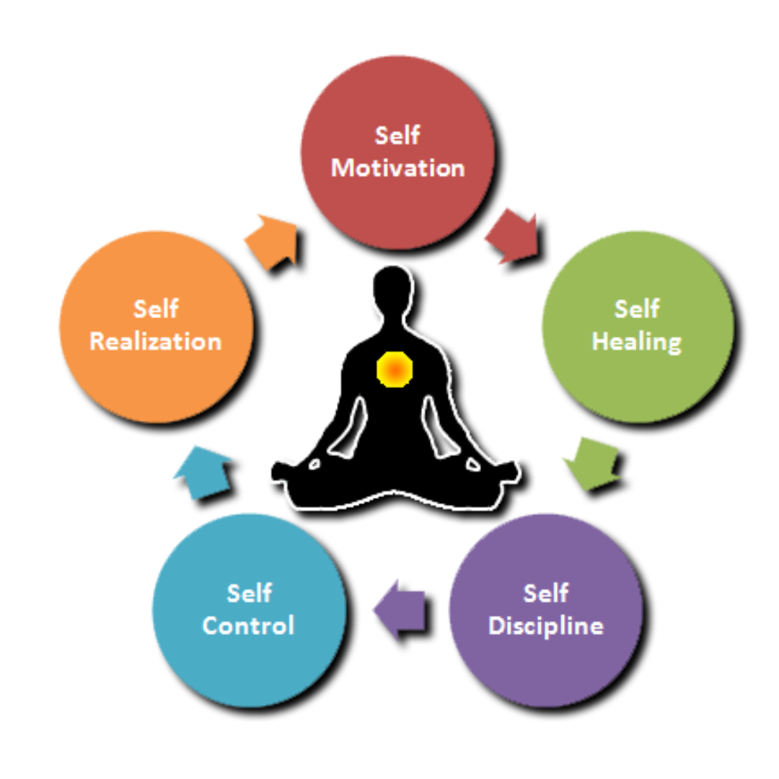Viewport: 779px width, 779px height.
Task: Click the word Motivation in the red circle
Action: coord(397,168)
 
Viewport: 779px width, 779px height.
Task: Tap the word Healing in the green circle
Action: coord(637,340)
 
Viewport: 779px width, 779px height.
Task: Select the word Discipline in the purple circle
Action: coord(545,625)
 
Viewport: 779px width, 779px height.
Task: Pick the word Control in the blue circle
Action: coord(248,625)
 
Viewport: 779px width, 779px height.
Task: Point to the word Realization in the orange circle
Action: coord(155,340)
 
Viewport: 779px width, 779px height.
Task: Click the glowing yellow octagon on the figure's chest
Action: coord(394,369)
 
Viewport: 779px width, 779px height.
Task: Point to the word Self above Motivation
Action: coord(397,136)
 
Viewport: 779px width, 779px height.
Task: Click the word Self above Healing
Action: coord(637,309)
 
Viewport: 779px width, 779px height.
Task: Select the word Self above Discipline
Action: coord(545,593)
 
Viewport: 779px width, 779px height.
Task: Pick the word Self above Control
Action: coord(248,593)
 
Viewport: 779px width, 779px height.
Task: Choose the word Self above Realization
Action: coord(155,309)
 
